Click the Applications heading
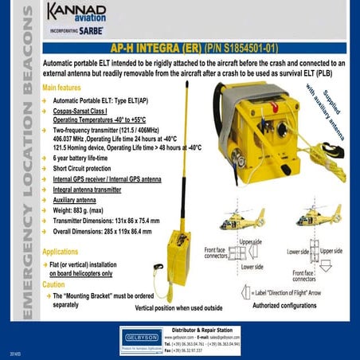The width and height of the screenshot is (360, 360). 66,251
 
